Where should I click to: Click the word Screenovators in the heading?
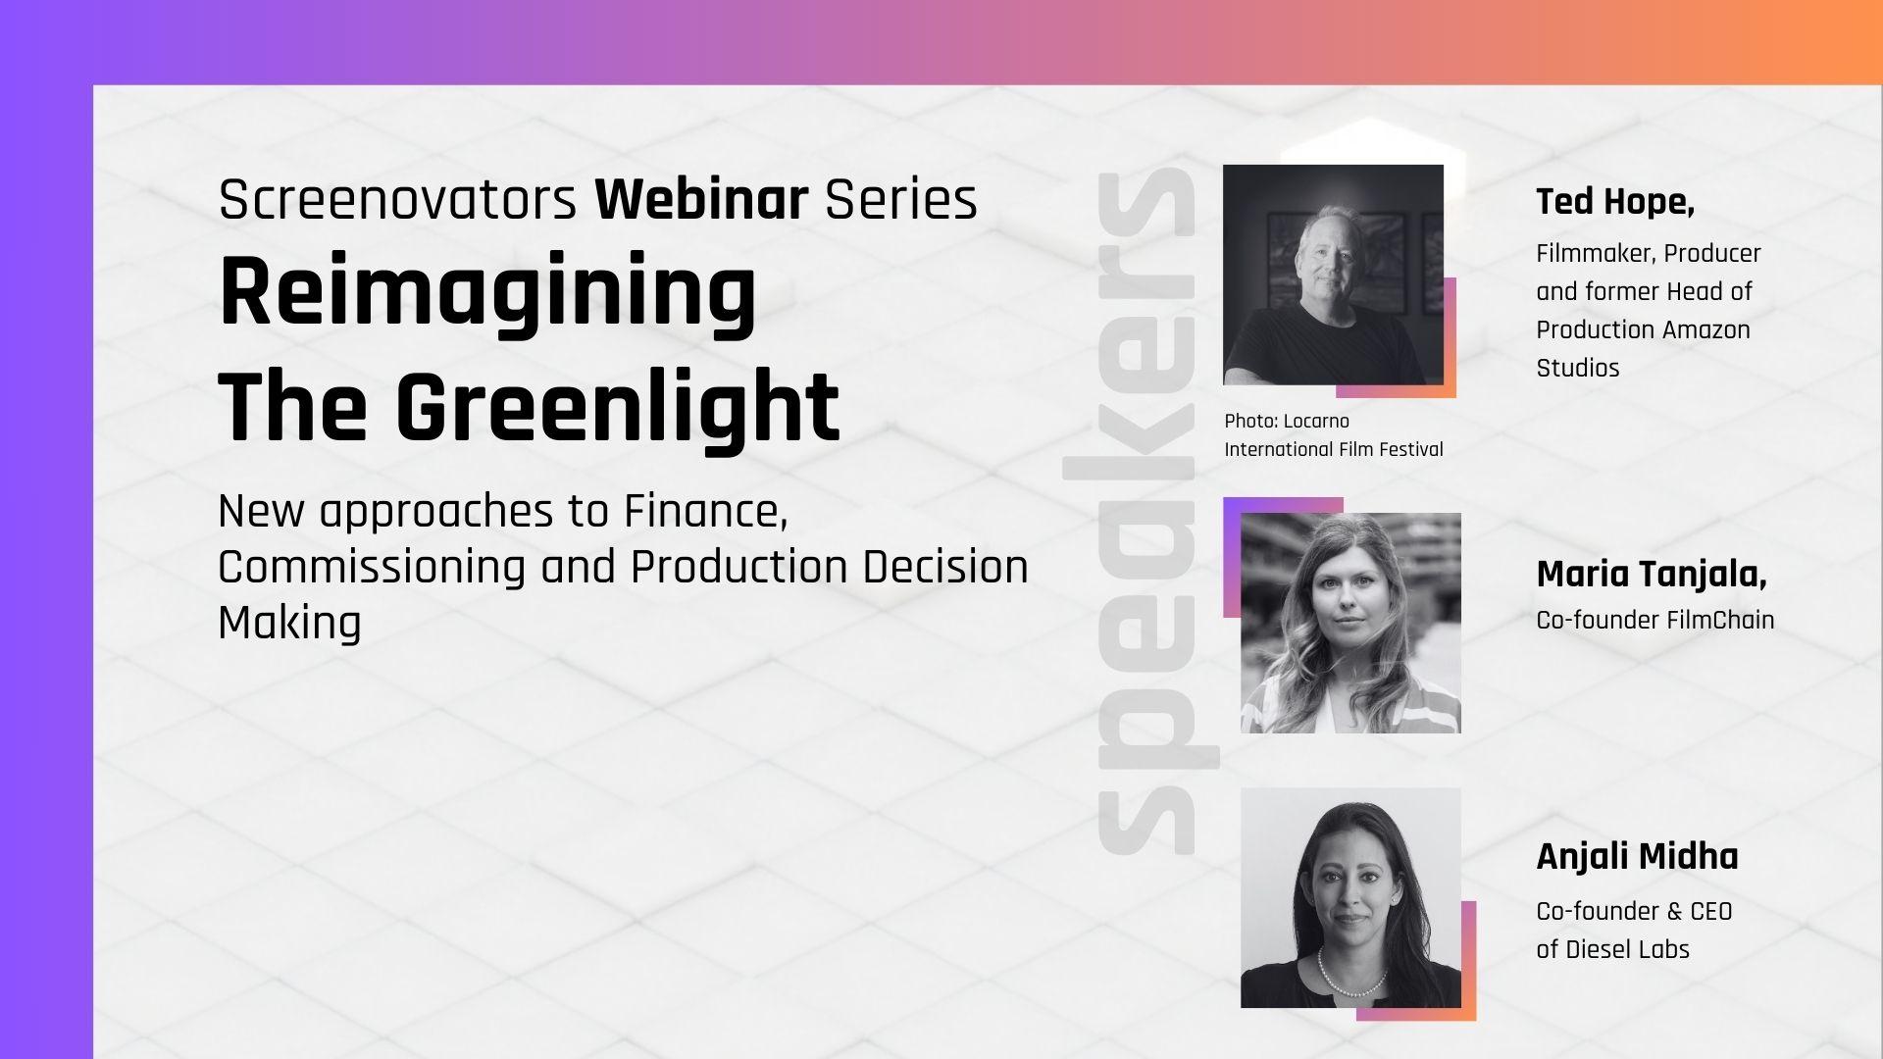397,199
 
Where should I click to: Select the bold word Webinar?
701,199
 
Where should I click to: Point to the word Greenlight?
618,407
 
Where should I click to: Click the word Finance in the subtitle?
706,511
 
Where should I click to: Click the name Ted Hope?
1615,201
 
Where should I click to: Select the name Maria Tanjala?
1652,575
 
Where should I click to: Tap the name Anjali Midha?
1637,856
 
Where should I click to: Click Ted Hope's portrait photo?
1333,275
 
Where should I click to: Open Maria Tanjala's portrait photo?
1350,623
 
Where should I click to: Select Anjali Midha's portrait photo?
1350,897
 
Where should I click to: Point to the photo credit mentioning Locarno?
1334,435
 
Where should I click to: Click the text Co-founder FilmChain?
1655,620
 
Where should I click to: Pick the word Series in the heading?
900,199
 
